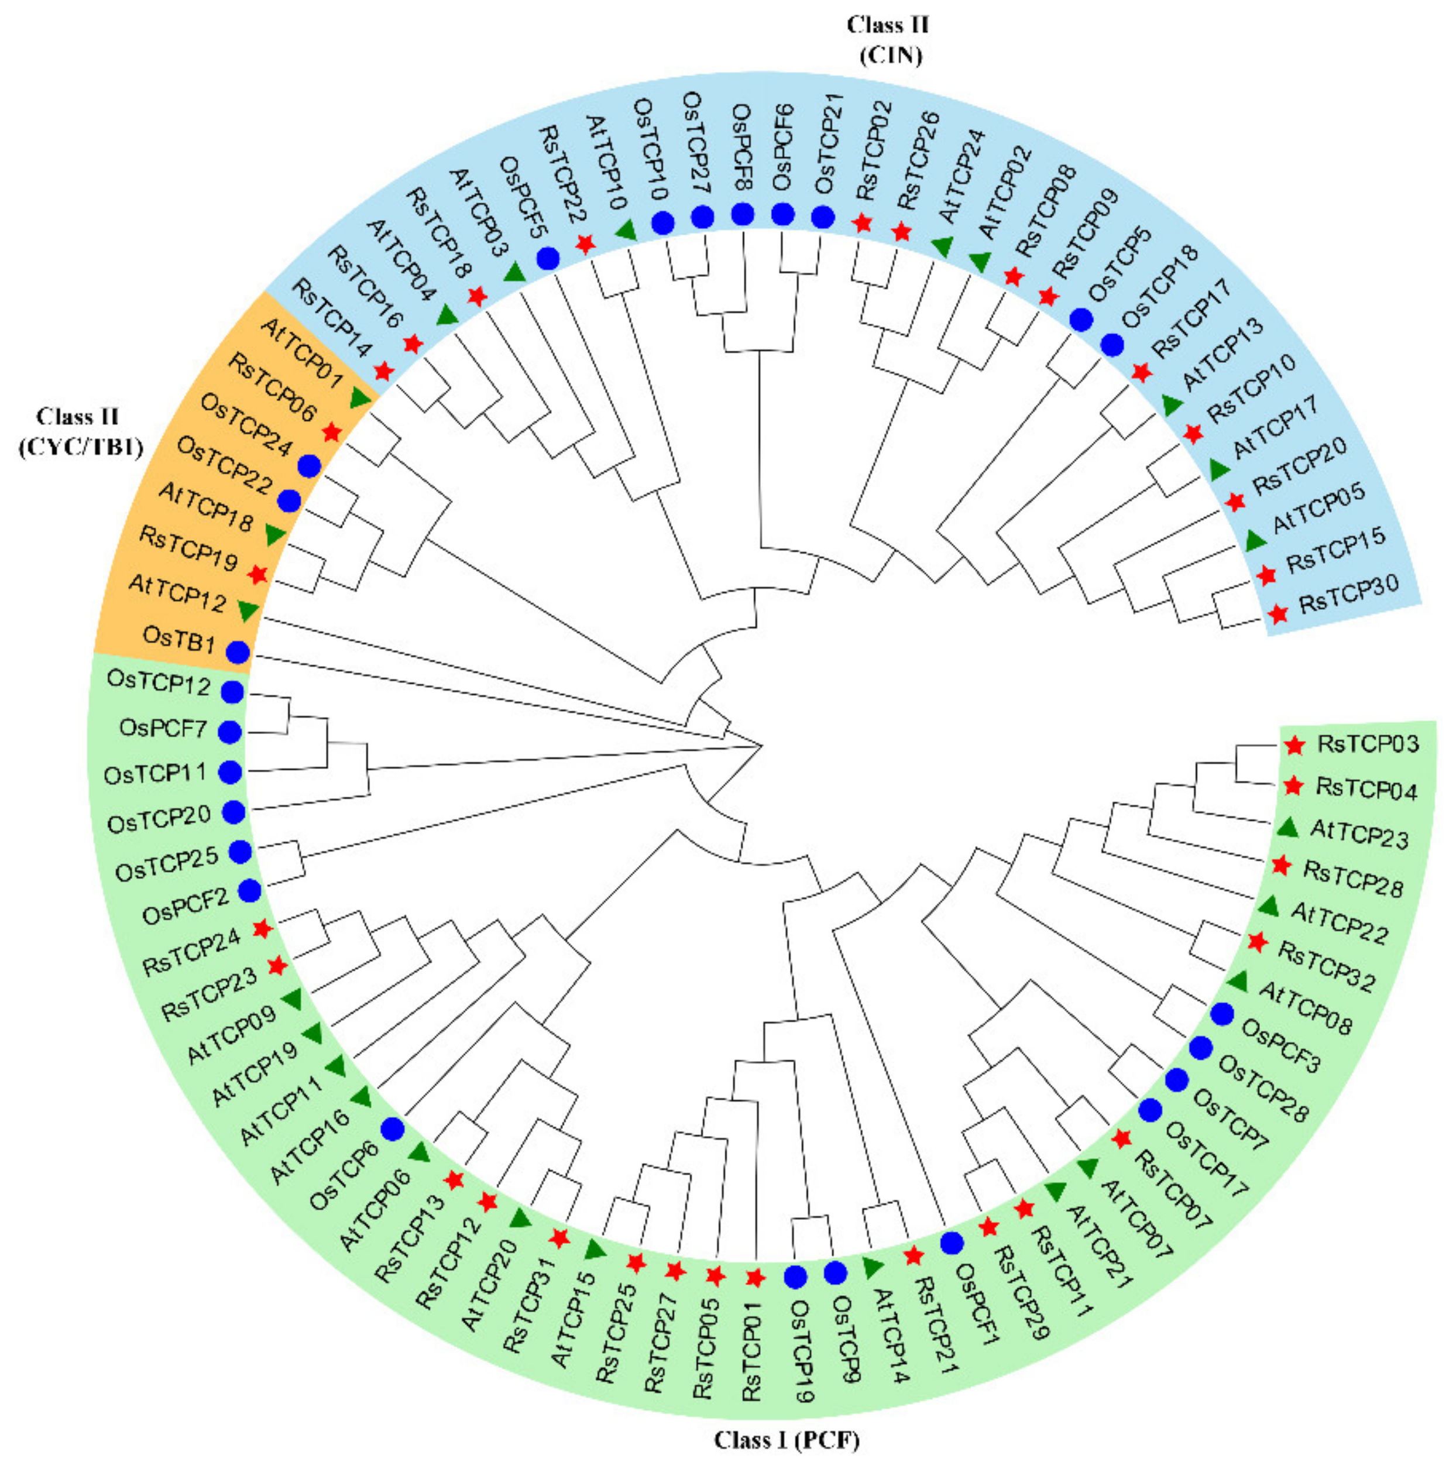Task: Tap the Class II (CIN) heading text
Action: tap(888, 40)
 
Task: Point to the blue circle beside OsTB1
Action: tap(238, 651)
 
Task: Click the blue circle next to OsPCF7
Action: tap(230, 732)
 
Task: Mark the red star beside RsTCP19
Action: tap(257, 574)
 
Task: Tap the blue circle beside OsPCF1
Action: tap(952, 1243)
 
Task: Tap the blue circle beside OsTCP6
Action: tap(392, 1129)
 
